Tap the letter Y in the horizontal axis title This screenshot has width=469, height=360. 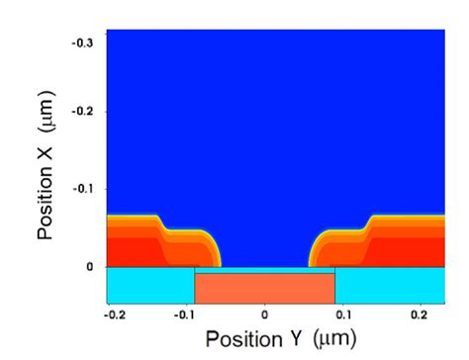(296, 338)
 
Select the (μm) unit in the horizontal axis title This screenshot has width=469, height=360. (331, 338)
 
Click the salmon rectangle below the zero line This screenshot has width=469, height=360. (264, 288)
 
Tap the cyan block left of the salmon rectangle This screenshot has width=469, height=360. (149, 285)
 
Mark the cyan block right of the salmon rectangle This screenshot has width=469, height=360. (381, 285)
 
